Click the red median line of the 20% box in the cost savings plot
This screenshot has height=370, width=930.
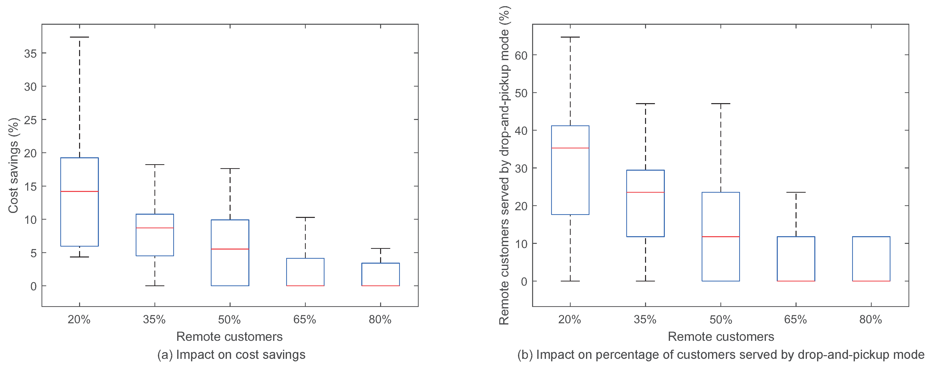[x=79, y=191]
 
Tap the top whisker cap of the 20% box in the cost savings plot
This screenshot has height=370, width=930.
[x=79, y=37]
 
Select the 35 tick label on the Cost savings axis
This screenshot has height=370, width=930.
[x=30, y=53]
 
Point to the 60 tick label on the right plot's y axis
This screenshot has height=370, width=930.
[x=521, y=55]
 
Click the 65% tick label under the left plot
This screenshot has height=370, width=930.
[x=305, y=319]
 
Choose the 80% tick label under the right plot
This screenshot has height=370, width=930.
[x=871, y=319]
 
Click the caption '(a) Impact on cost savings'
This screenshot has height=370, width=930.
[x=231, y=354]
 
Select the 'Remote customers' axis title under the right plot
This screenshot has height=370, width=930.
[x=721, y=336]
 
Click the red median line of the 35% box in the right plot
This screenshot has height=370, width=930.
[x=646, y=192]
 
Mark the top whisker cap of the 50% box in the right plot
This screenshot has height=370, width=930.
[x=721, y=104]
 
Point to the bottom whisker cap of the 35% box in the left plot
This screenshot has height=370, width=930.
[x=155, y=286]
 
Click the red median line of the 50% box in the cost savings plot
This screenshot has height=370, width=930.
[x=230, y=249]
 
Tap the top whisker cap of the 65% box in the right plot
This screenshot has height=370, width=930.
[x=796, y=192]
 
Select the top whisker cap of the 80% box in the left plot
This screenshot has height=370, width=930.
[x=381, y=249]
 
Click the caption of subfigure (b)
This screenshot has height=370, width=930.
[x=721, y=354]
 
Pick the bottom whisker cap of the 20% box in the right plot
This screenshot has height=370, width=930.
[x=570, y=281]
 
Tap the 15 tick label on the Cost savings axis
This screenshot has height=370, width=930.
[x=30, y=186]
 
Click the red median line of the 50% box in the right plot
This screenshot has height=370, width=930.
[x=721, y=237]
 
